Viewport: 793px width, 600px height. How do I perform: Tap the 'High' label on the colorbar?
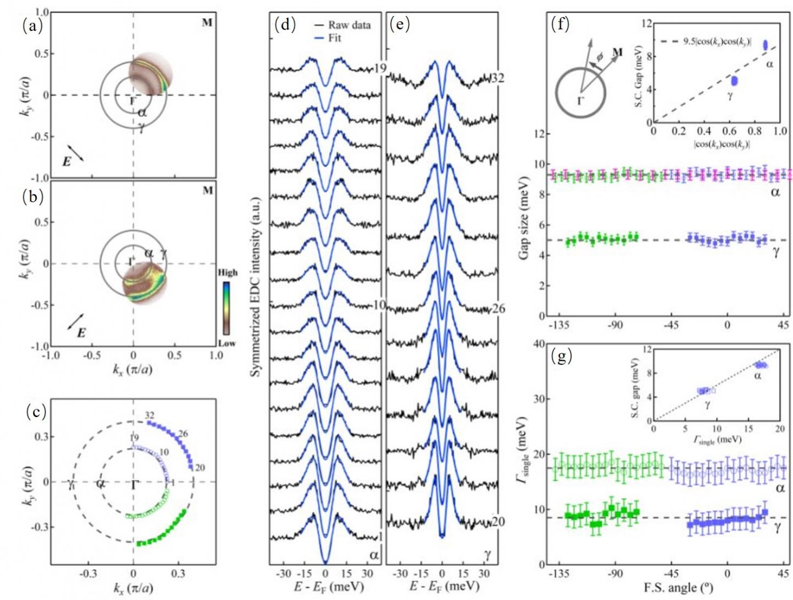(228, 272)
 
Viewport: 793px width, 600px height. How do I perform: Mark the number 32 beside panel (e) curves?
(497, 78)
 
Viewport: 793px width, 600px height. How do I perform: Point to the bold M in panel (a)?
(207, 23)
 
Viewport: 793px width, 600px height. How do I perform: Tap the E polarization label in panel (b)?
(81, 332)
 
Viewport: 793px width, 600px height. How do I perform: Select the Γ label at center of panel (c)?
(134, 484)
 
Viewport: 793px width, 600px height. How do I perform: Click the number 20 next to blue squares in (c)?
(200, 468)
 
